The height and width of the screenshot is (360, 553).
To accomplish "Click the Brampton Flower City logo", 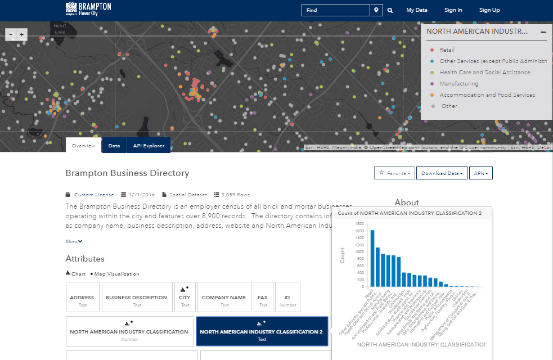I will click(x=88, y=8).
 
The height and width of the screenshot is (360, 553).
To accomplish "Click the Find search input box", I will click(x=335, y=10).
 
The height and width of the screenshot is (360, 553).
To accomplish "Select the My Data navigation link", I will click(x=417, y=10).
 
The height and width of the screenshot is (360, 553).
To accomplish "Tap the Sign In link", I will click(x=453, y=10).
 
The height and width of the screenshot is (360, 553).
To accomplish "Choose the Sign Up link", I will click(x=489, y=10).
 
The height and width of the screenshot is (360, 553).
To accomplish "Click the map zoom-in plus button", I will click(x=22, y=35).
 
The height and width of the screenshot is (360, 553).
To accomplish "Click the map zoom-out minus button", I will click(x=11, y=35).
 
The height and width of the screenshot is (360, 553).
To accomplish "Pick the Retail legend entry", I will click(x=447, y=50).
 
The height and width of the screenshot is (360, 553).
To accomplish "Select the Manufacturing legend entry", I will click(x=458, y=84).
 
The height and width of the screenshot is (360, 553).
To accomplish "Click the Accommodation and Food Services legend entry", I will click(x=487, y=95).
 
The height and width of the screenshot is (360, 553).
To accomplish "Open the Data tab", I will click(x=114, y=146).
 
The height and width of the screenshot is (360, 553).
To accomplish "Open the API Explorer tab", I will click(x=149, y=146).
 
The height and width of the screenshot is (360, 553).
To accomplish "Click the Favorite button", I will click(x=394, y=173).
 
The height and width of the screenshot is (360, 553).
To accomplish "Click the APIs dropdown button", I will click(x=480, y=173).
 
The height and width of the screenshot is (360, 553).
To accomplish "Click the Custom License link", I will click(x=94, y=195).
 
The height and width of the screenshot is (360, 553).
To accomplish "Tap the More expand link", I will click(x=74, y=241).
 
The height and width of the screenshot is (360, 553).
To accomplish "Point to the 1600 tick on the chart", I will click(x=359, y=223).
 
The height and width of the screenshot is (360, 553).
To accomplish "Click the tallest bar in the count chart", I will click(x=372, y=258).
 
